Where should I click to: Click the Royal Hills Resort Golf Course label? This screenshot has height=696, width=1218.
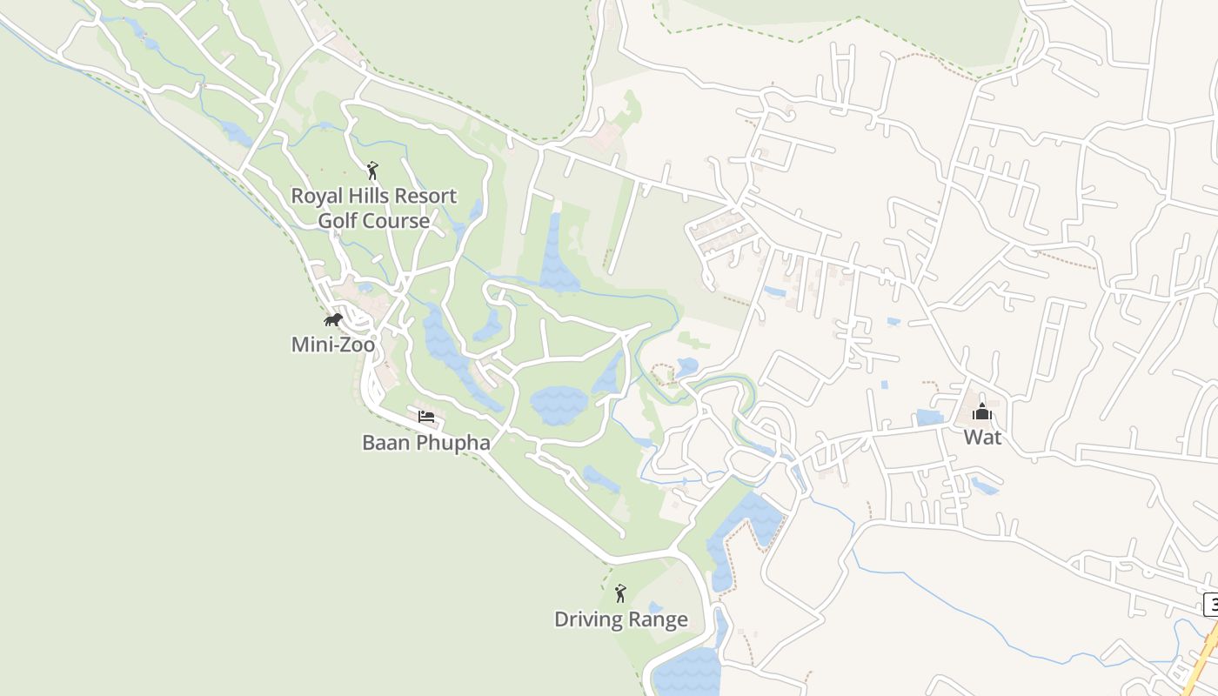click(373, 208)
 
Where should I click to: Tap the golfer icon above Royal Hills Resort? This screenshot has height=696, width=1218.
click(373, 171)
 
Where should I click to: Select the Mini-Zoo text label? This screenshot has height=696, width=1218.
click(333, 345)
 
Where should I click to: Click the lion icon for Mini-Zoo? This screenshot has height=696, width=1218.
click(333, 320)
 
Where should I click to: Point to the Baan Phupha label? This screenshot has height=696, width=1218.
click(426, 443)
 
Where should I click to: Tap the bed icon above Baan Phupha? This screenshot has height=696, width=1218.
click(426, 417)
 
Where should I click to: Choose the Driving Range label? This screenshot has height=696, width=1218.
click(621, 619)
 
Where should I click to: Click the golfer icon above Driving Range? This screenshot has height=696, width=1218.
click(620, 593)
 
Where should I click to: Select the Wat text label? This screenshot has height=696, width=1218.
click(982, 437)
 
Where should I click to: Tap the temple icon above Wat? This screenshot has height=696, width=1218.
click(982, 412)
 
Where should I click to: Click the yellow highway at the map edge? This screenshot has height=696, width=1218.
click(1204, 661)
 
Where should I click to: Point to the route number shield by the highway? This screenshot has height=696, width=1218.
click(1211, 604)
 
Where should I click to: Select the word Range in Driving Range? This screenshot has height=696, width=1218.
click(658, 619)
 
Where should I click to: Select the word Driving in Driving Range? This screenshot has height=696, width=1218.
click(588, 619)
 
